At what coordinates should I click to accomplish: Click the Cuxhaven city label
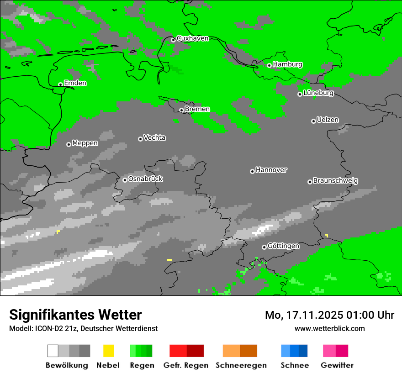(192, 38)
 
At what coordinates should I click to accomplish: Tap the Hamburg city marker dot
(269, 65)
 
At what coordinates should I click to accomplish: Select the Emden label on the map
(75, 83)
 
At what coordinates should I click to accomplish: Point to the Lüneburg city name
(318, 93)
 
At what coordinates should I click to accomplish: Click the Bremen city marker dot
(181, 110)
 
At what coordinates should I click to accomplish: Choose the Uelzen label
(328, 120)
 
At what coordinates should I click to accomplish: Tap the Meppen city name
(85, 143)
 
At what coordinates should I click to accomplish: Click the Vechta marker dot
(140, 139)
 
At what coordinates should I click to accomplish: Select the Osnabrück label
(145, 179)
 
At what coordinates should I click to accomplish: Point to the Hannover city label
(271, 170)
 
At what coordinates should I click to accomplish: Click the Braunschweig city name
(335, 180)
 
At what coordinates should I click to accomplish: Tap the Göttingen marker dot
(264, 247)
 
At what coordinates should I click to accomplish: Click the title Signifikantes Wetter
(75, 315)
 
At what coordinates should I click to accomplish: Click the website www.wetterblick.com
(329, 328)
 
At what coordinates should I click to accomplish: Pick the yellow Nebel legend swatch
(108, 351)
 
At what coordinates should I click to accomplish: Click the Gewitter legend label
(337, 365)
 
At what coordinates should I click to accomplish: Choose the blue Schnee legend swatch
(294, 351)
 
